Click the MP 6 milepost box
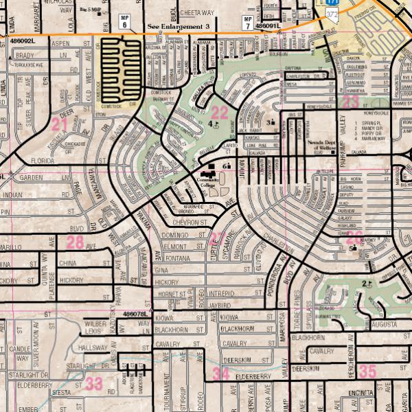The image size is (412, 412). [124, 21]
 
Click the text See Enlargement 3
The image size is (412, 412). [179, 27]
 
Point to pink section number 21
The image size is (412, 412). [60, 124]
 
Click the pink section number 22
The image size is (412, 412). [219, 112]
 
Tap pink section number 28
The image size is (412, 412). [75, 242]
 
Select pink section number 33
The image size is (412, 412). [94, 383]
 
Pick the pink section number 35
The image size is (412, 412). [368, 371]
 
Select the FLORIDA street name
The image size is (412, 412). [43, 160]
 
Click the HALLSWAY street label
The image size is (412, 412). [93, 348]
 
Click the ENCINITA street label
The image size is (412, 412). [360, 392]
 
